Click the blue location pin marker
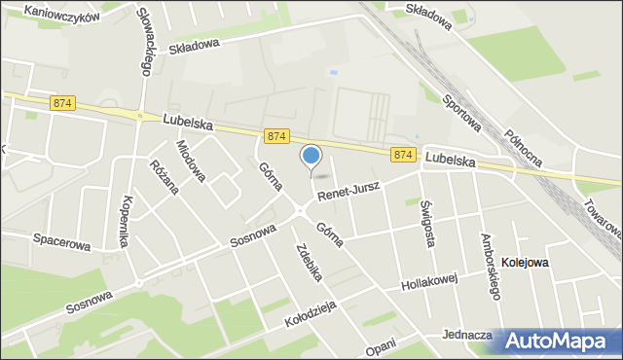click(311, 156)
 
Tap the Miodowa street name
click(191, 162)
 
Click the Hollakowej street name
click(429, 285)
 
